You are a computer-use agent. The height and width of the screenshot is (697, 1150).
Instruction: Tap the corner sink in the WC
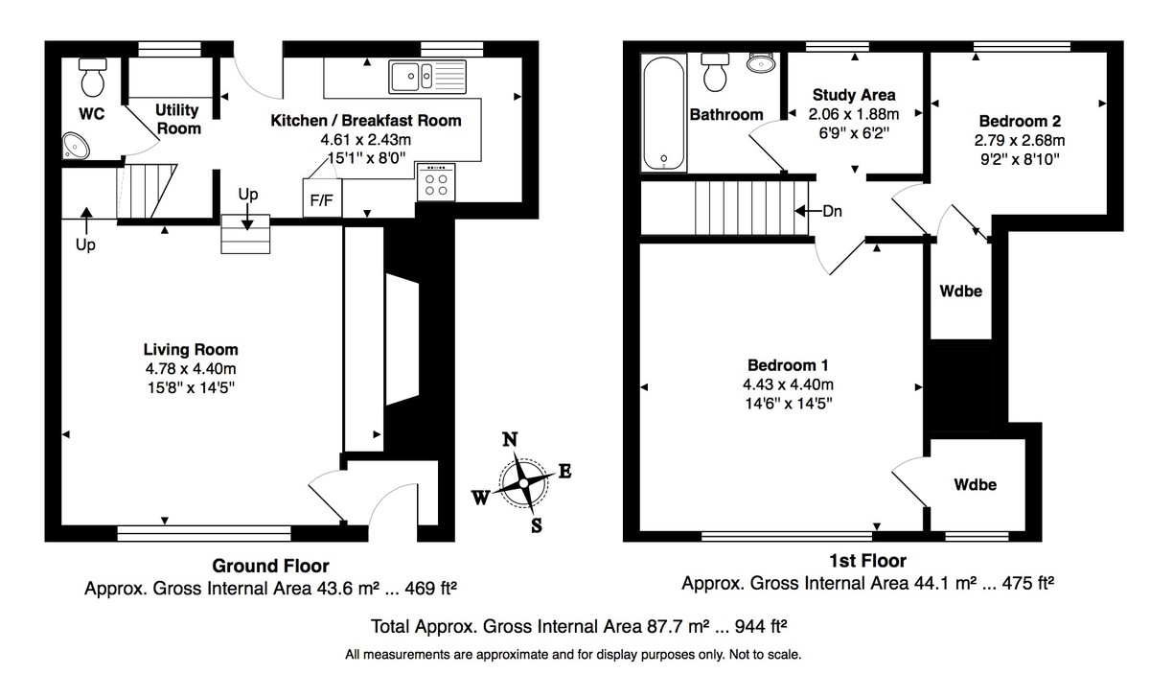[76, 146]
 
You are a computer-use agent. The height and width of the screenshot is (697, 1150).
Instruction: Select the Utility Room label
[178, 120]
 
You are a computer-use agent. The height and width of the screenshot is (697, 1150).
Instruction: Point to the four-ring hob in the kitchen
[436, 182]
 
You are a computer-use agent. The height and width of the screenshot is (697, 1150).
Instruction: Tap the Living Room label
[191, 349]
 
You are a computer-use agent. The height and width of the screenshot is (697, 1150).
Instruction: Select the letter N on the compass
[512, 439]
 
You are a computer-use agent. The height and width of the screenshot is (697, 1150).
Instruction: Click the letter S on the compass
[537, 524]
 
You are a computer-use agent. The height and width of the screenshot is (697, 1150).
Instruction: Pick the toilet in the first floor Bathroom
[716, 72]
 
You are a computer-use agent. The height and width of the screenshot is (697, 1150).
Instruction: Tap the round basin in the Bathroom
[761, 63]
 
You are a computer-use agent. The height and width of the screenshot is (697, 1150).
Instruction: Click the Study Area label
[854, 95]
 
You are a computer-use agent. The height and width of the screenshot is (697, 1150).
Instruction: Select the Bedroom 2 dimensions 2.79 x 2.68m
[1020, 140]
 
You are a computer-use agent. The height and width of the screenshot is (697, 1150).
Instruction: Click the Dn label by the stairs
[831, 212]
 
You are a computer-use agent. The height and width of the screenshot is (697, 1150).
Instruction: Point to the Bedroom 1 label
[787, 365]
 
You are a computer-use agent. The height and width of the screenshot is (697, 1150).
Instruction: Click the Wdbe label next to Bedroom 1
[975, 485]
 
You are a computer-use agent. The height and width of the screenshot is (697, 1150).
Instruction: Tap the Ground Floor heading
[270, 566]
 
